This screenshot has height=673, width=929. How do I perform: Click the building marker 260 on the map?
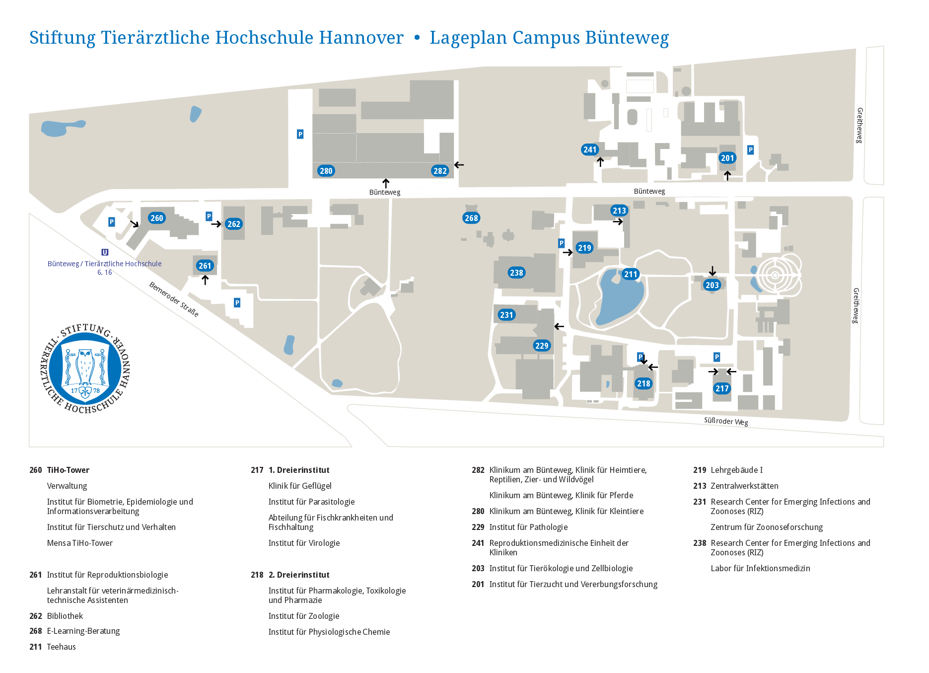pyautogui.click(x=157, y=218)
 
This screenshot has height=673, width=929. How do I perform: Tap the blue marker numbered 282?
pyautogui.click(x=440, y=171)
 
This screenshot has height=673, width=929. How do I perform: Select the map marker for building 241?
pyautogui.click(x=590, y=150)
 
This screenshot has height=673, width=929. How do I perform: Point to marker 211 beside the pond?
pyautogui.click(x=631, y=274)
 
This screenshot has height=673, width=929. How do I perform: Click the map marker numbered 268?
pyautogui.click(x=471, y=218)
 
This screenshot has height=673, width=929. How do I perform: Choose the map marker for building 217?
pyautogui.click(x=722, y=388)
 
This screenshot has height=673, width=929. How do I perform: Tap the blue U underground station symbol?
pyautogui.click(x=105, y=252)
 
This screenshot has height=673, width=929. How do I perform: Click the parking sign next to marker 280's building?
pyautogui.click(x=300, y=134)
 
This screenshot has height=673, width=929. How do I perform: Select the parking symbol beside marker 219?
pyautogui.click(x=561, y=243)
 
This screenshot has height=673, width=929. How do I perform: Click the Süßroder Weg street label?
pyautogui.click(x=726, y=421)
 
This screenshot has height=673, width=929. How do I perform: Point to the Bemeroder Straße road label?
pyautogui.click(x=174, y=299)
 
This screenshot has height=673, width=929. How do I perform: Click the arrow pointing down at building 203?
pyautogui.click(x=713, y=271)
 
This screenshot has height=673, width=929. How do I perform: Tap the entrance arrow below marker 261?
pyautogui.click(x=205, y=280)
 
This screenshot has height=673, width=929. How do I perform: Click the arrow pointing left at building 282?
pyautogui.click(x=459, y=165)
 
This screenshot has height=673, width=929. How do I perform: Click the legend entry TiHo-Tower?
pyautogui.click(x=68, y=470)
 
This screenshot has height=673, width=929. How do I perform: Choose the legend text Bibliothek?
pyautogui.click(x=65, y=616)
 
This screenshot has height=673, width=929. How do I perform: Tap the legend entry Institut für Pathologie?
pyautogui.click(x=528, y=527)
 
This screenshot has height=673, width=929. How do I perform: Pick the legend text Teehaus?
pyautogui.click(x=62, y=647)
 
